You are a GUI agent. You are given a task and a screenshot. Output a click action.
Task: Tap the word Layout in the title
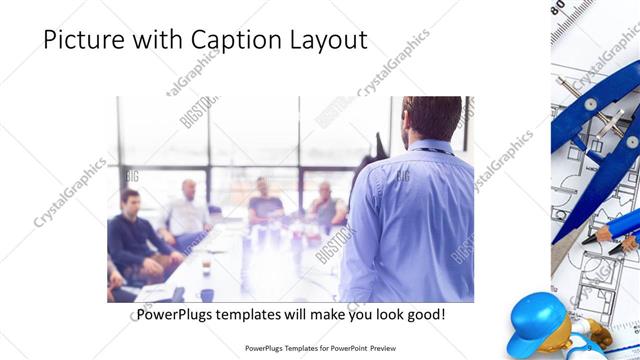[326, 40]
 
